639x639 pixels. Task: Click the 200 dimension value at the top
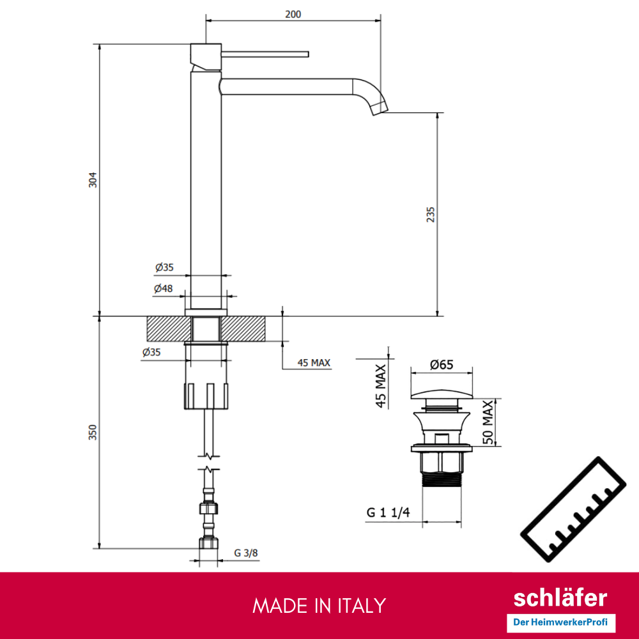(x=293, y=14)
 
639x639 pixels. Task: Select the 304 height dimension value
(x=93, y=180)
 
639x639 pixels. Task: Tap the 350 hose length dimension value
(x=93, y=433)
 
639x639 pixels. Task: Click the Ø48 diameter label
(x=164, y=289)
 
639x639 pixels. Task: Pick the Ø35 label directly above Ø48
(x=164, y=267)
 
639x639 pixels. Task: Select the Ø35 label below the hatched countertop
(x=152, y=352)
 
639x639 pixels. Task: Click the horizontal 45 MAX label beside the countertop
(x=314, y=363)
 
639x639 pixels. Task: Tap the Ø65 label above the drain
(x=441, y=365)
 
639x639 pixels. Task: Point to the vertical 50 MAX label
(x=488, y=422)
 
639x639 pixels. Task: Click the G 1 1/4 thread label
(x=388, y=512)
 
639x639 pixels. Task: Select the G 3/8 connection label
(x=246, y=553)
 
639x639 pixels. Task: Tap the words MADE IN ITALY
(x=319, y=605)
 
